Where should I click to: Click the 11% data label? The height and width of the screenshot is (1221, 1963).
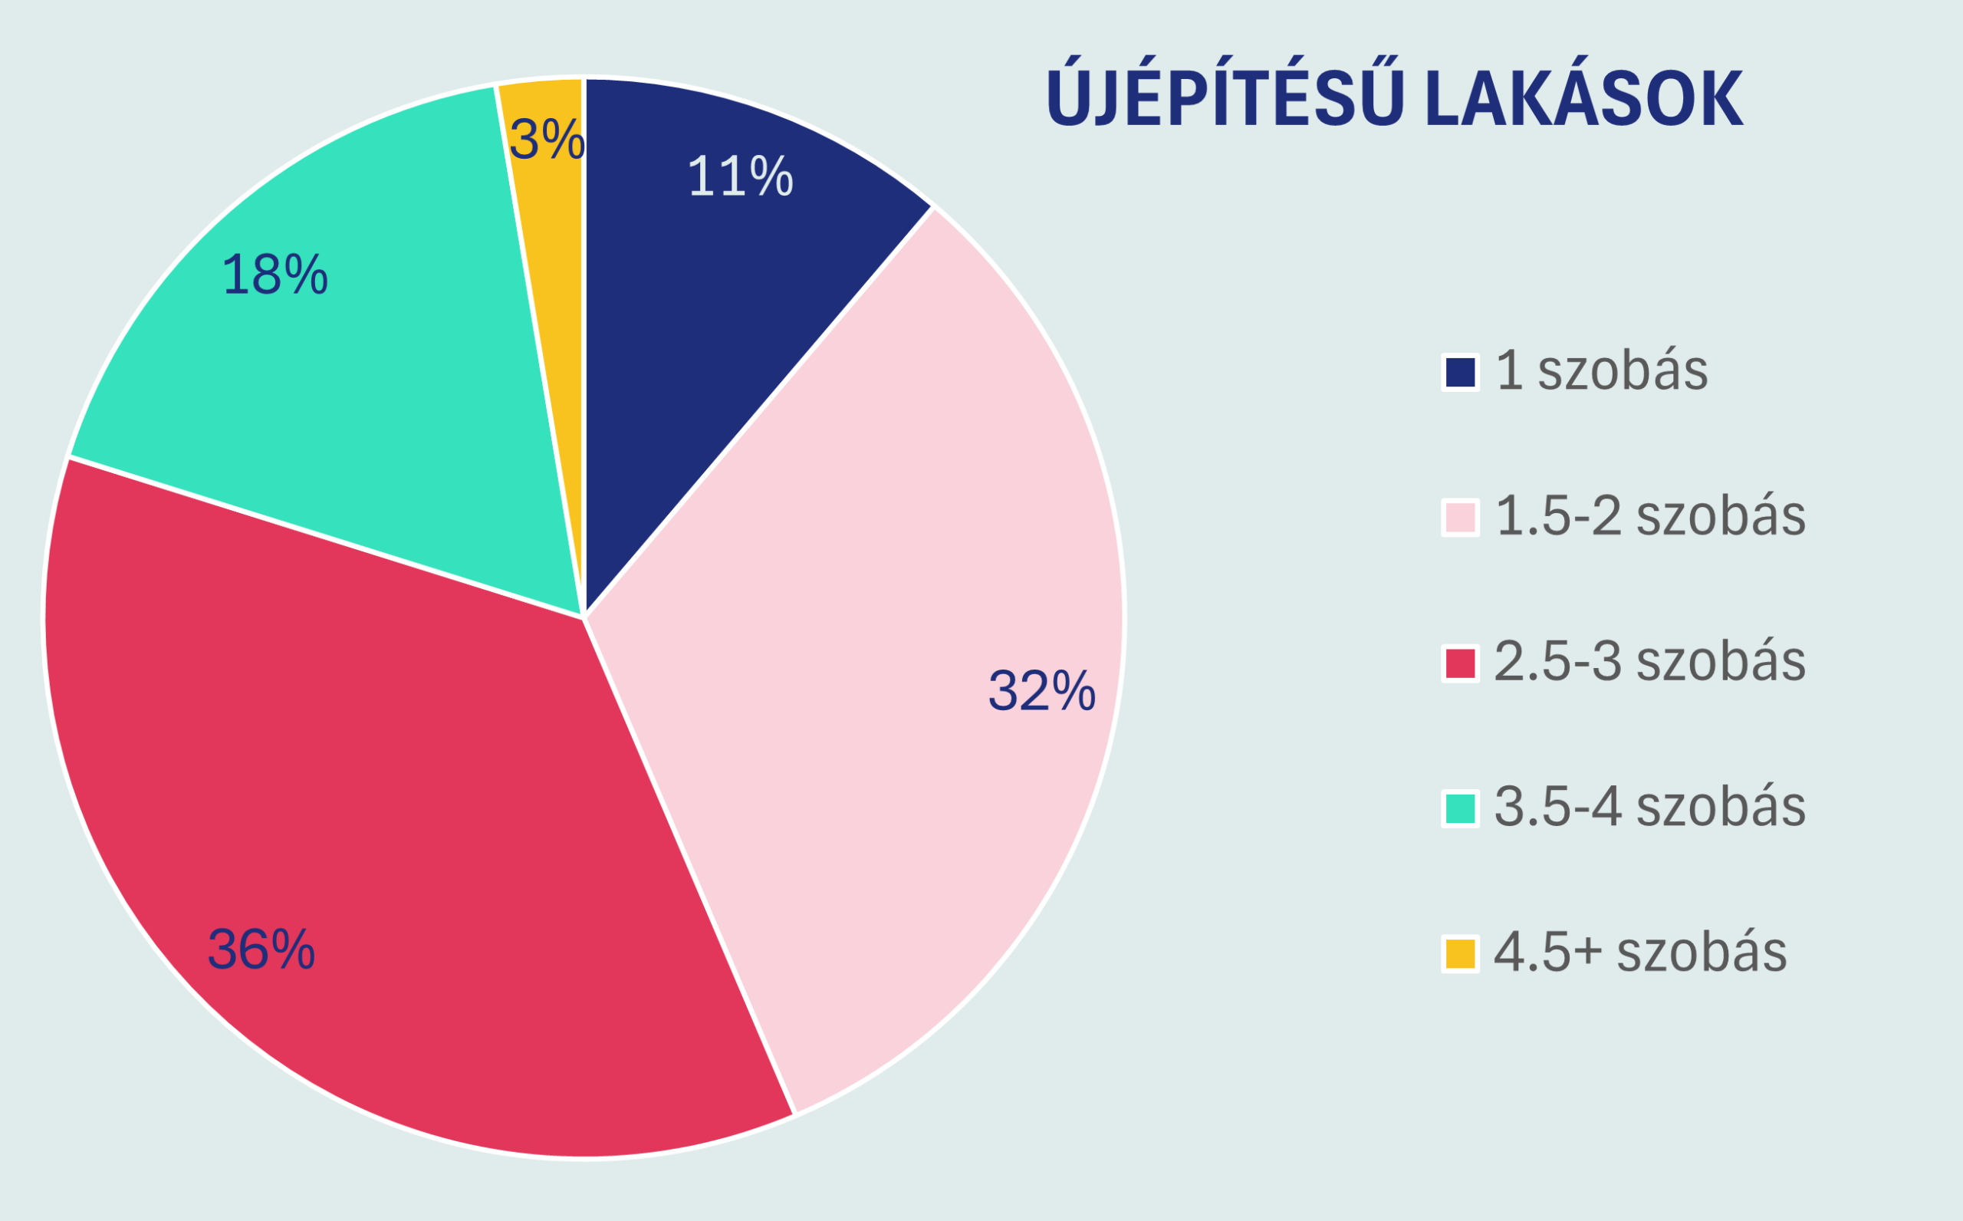740,176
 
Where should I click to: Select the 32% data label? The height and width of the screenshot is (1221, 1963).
1041,691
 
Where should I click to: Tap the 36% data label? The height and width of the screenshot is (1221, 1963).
261,950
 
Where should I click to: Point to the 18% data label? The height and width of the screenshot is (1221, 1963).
275,275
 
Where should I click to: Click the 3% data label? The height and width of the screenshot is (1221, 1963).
547,140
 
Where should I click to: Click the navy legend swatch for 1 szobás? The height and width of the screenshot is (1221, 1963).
1460,372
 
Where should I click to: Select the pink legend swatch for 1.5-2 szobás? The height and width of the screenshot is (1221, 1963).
1460,518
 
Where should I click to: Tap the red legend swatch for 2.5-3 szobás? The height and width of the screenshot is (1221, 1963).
1460,663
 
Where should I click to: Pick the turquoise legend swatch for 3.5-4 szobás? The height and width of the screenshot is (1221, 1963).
1460,809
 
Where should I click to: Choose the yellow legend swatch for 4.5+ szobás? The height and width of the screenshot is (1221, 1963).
1460,953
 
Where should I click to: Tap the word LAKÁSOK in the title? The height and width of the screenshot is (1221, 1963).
1583,100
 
